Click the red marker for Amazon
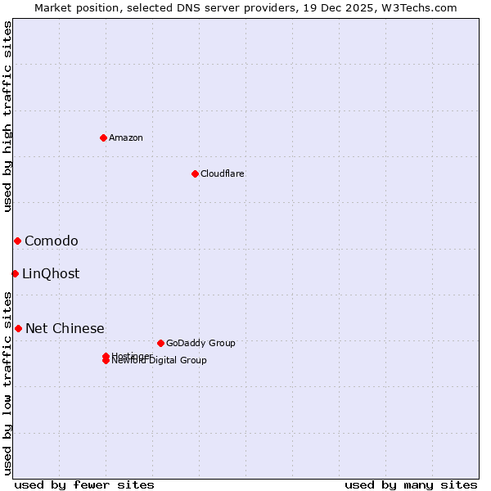[103, 137]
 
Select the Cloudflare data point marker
[195, 173]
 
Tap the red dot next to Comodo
[17, 241]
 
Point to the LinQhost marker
[15, 273]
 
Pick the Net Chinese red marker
[18, 328]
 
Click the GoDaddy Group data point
[160, 343]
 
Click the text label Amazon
[126, 137]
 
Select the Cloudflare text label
[223, 173]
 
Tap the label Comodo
[52, 241]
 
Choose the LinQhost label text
[51, 273]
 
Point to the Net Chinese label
[65, 328]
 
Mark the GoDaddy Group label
[200, 343]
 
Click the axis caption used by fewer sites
[84, 484]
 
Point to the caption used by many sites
[411, 484]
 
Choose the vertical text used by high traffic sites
[7, 116]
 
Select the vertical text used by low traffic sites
[7, 383]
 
